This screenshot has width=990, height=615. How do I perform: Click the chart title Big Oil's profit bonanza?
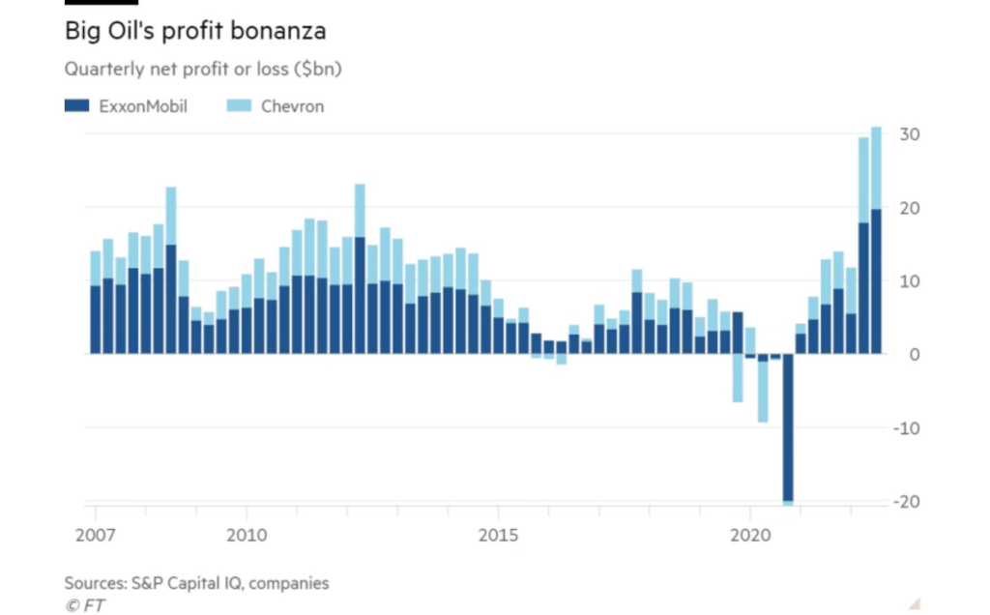click(194, 31)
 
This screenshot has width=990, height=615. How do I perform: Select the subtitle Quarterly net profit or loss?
click(203, 70)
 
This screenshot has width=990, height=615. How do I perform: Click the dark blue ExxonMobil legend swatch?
click(77, 105)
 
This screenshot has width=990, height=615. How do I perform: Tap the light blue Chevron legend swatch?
click(238, 105)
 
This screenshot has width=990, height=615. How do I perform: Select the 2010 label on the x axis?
click(246, 534)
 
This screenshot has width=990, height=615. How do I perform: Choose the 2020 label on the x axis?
click(751, 534)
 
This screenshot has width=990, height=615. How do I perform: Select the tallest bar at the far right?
click(876, 242)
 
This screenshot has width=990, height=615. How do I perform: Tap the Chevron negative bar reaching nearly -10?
click(763, 392)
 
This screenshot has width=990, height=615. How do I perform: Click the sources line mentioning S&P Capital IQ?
click(196, 583)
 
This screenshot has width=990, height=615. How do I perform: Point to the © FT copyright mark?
click(85, 605)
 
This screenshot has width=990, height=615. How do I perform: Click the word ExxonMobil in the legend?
click(143, 105)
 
